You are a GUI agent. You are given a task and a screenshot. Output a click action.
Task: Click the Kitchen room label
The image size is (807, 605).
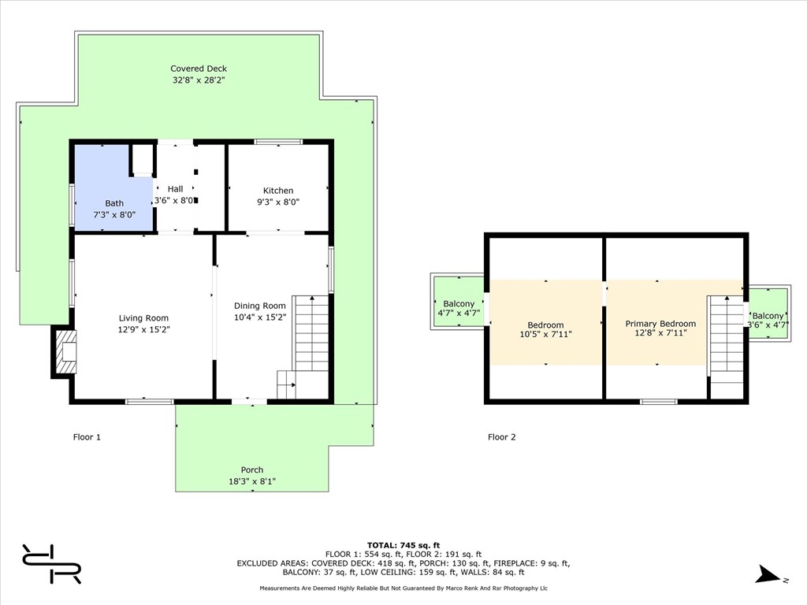[278, 191]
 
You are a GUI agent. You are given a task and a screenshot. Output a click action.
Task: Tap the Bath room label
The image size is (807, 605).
[114, 203]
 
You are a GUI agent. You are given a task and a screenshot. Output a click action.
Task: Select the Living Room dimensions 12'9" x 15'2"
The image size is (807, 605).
[143, 329]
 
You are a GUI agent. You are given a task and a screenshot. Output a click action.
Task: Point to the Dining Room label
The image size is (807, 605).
[260, 306]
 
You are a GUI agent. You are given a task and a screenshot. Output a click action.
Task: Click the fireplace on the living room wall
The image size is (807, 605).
[64, 352]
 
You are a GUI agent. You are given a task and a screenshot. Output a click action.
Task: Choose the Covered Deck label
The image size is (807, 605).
[199, 69]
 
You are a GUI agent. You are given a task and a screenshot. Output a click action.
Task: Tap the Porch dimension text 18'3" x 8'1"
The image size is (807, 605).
[252, 481]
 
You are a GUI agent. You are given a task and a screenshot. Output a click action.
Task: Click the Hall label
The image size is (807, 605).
[175, 189]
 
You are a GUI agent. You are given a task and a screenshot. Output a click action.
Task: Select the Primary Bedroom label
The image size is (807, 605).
[660, 324]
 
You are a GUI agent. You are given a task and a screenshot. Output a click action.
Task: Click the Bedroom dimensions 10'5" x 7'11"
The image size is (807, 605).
[545, 334]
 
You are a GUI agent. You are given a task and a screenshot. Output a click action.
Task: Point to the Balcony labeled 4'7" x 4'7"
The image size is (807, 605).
[459, 308]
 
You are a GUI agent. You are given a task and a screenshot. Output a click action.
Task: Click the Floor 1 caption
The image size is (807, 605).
[87, 437]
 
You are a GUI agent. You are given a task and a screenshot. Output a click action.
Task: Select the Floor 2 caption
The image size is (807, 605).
[502, 437]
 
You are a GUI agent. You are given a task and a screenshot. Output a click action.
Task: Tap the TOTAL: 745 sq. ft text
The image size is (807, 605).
[403, 545]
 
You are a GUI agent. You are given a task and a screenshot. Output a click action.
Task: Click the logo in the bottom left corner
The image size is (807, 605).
[51, 564]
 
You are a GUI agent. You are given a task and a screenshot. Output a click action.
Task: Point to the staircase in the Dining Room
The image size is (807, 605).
[303, 347]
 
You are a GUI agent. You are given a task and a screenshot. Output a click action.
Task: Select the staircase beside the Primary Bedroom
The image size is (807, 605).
[726, 347]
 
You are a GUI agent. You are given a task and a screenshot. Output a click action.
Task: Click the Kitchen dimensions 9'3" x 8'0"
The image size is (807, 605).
[278, 202]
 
